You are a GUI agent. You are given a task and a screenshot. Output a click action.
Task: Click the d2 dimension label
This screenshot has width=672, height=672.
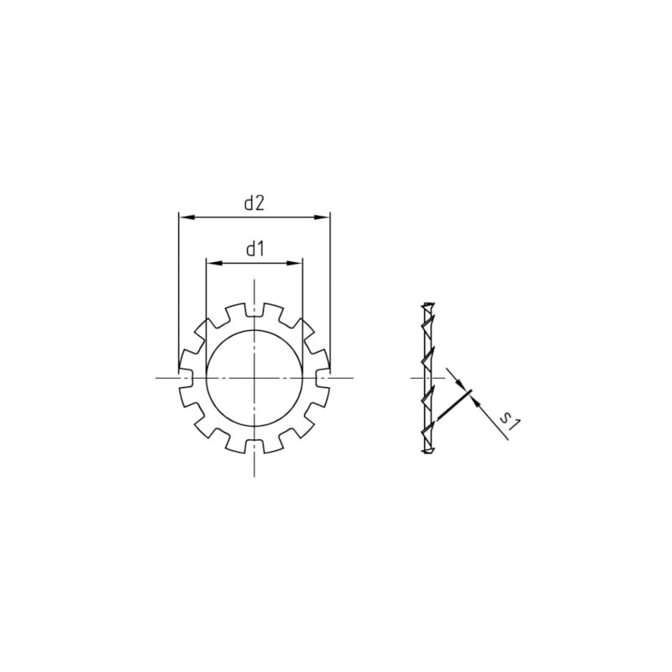pyautogui.click(x=255, y=203)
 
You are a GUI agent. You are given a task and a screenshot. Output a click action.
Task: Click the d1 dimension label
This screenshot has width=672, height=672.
pyautogui.click(x=255, y=249)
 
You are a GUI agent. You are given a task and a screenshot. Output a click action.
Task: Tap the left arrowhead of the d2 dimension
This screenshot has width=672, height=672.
pyautogui.click(x=186, y=218)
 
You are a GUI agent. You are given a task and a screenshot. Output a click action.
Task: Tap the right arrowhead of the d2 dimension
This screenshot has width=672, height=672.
pyautogui.click(x=322, y=218)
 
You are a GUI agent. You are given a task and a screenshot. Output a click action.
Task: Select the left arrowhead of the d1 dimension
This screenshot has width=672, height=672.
pyautogui.click(x=214, y=263)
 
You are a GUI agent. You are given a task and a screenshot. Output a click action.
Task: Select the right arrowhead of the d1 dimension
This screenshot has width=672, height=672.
pyautogui.click(x=295, y=263)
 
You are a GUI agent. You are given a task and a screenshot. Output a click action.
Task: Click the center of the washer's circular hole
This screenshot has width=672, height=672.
pyautogui.click(x=255, y=378)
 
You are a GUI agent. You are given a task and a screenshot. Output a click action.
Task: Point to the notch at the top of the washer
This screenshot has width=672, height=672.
pyautogui.click(x=255, y=310)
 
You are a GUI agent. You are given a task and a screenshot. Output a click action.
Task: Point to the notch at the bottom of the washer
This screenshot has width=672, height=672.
pyautogui.click(x=255, y=446)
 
